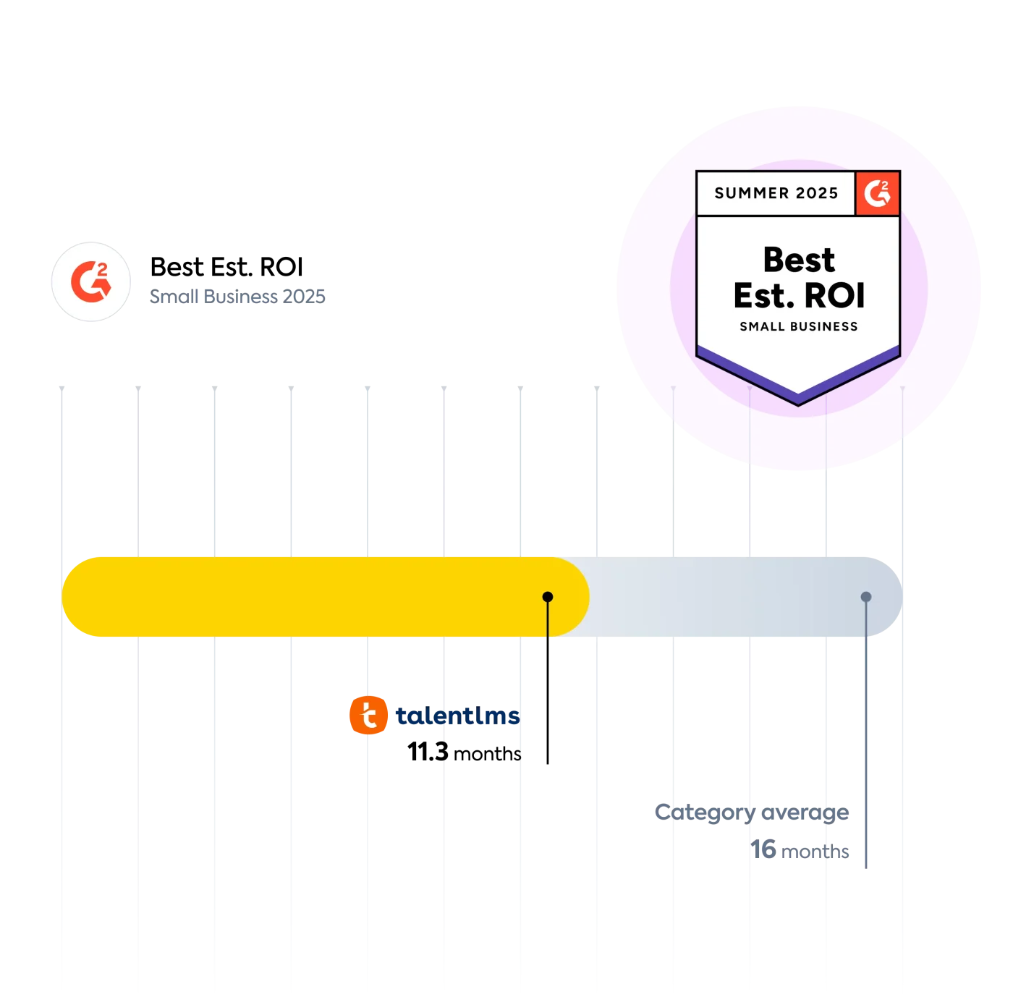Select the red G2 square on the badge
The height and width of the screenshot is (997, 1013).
(878, 193)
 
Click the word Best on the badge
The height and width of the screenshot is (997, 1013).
(799, 260)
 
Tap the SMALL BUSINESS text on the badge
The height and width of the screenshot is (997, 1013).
(799, 327)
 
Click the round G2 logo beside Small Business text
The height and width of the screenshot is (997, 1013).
(91, 281)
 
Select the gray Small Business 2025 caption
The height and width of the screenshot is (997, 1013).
(237, 296)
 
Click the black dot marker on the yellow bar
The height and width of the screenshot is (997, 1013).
(548, 597)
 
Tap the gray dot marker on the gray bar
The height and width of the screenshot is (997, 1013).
(866, 597)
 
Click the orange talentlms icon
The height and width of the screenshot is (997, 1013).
(368, 716)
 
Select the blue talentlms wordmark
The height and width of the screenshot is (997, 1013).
(458, 716)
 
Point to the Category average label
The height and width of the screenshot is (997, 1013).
(753, 812)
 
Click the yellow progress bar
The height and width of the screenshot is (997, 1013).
(304, 597)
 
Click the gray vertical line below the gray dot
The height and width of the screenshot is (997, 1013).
(866, 738)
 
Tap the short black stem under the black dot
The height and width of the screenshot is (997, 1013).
(548, 622)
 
